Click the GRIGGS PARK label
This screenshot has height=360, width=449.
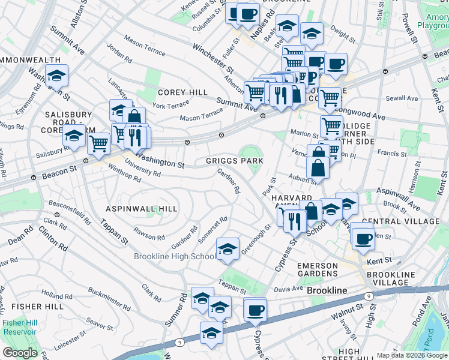click(x=235, y=161)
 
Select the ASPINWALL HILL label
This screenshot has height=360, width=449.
click(x=142, y=208)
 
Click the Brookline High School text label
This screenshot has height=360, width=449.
click(x=174, y=257)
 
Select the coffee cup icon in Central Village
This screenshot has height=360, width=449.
click(x=363, y=238)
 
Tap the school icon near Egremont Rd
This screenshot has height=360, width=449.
click(x=57, y=76)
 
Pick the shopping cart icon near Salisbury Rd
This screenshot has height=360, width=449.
click(x=98, y=143)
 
